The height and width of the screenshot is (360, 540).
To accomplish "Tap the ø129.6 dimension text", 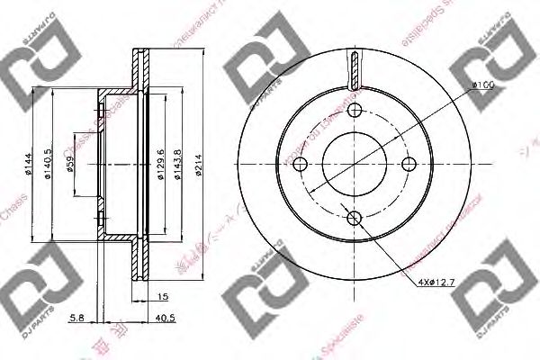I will (x=158, y=163).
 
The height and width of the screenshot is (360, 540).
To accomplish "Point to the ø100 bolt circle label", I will (x=481, y=86).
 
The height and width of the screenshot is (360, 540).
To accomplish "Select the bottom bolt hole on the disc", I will (x=355, y=217).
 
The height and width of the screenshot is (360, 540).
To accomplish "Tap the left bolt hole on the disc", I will (x=301, y=164).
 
